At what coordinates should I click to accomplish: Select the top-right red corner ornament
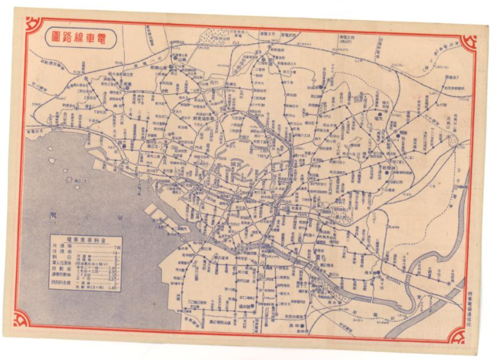pos(469,42)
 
